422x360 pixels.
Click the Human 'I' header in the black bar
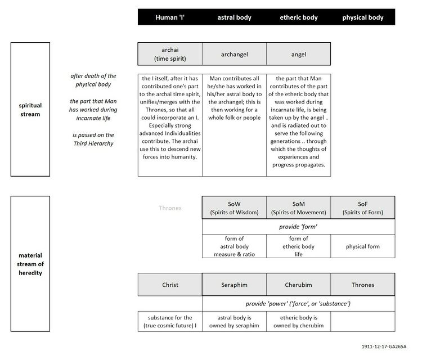(x=169, y=17)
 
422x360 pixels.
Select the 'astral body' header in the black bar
(x=234, y=17)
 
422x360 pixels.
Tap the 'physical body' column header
(x=363, y=17)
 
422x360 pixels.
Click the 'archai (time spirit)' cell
(x=169, y=54)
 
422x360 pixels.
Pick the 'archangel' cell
(x=234, y=55)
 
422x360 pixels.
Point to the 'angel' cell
(x=298, y=55)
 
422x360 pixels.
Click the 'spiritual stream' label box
(x=30, y=109)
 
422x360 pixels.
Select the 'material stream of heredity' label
(x=30, y=264)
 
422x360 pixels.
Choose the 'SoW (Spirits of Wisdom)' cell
(x=234, y=208)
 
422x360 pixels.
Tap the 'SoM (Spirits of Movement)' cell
(x=298, y=208)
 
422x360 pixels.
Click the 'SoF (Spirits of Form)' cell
(x=363, y=208)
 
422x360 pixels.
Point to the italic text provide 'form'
(x=298, y=227)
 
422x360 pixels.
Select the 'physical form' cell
(x=363, y=246)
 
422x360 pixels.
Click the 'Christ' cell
(x=169, y=285)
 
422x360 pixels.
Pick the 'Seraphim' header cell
(x=234, y=285)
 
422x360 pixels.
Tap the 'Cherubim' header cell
(x=298, y=285)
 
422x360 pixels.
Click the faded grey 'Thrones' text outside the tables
(x=170, y=208)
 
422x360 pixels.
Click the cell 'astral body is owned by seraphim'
(x=234, y=321)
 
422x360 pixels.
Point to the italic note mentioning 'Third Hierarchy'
(x=94, y=139)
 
